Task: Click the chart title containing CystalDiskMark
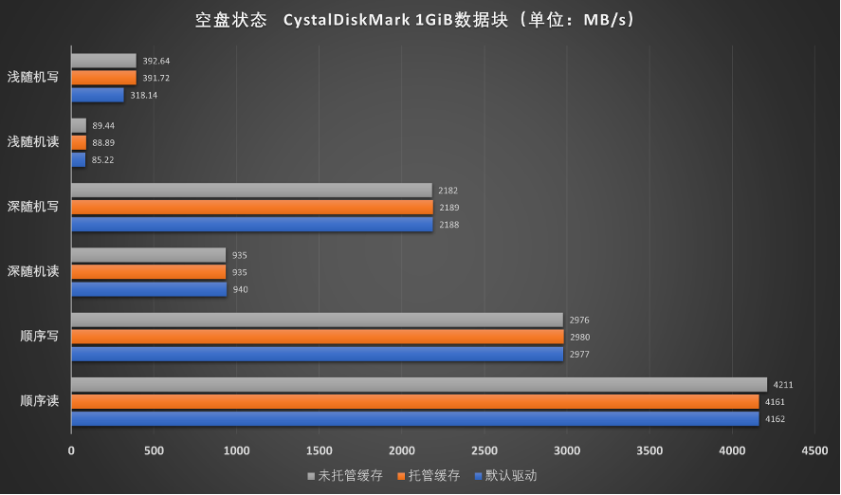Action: (x=420, y=20)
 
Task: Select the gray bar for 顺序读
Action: (x=418, y=384)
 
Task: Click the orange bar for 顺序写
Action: (x=317, y=337)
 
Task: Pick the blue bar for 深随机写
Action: (x=251, y=225)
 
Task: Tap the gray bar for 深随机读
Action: (x=148, y=255)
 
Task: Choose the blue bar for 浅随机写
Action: (x=97, y=95)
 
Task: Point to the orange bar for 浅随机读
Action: (x=78, y=142)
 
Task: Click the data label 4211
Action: (x=782, y=385)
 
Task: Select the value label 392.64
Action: (x=156, y=61)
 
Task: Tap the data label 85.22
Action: (x=104, y=160)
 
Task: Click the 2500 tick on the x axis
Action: (x=484, y=450)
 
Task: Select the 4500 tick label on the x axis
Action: (x=814, y=450)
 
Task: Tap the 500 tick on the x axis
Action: (x=154, y=450)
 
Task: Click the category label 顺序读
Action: (x=39, y=401)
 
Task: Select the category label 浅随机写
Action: (x=33, y=78)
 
